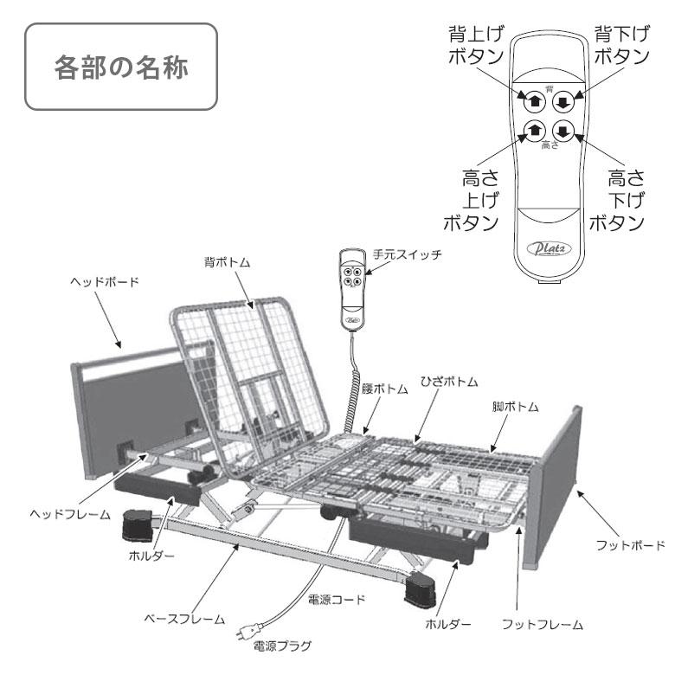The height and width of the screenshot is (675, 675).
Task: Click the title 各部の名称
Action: [x=120, y=67]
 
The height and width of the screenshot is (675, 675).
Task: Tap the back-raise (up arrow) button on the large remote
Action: [x=535, y=99]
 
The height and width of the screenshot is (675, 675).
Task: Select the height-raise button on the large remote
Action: [x=535, y=132]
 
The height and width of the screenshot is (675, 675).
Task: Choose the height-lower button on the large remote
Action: [x=563, y=132]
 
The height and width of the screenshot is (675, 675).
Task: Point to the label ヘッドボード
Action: [x=105, y=283]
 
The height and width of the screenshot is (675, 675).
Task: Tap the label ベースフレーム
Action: [x=184, y=620]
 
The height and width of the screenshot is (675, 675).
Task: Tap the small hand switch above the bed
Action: [x=353, y=287]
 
